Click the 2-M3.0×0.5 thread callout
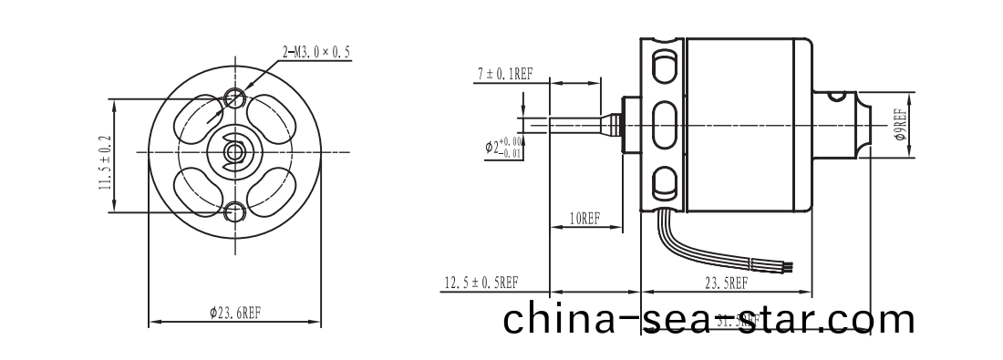(x=315, y=52)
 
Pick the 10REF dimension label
(x=584, y=219)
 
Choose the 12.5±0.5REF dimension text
(x=481, y=283)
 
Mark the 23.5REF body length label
(x=726, y=283)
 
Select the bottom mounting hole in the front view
(x=236, y=212)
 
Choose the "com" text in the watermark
(x=870, y=320)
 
